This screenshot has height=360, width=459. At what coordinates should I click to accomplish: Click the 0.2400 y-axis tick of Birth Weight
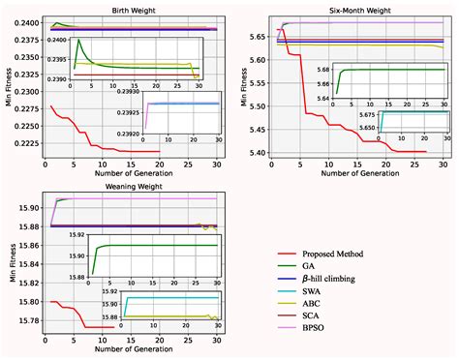pos(24,22)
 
